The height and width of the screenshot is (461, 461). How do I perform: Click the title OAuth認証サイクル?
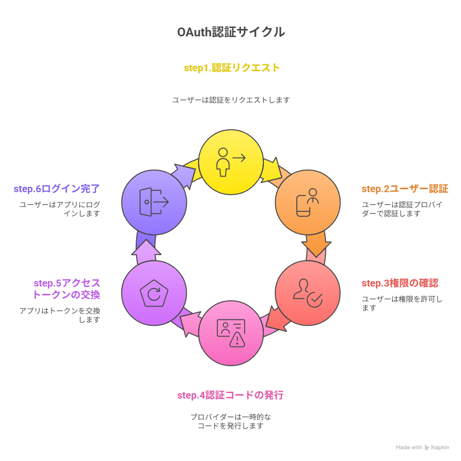231,32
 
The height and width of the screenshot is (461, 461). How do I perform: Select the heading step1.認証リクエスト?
231,68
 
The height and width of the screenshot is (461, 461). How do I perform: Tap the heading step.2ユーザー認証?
405,189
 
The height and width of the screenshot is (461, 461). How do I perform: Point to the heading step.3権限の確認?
400,283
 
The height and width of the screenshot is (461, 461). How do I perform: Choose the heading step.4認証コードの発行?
230,395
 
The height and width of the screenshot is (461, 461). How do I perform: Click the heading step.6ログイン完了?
57,189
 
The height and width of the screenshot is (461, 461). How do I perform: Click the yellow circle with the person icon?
231,162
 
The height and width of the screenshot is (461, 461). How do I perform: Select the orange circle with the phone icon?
308,202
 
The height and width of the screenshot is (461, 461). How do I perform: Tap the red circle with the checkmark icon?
308,293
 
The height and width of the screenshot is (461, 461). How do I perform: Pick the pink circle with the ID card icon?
231,333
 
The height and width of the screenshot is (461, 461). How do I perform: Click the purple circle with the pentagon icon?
154,293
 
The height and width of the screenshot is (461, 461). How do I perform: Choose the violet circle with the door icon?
154,202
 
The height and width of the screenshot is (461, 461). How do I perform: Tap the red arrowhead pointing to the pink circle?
276,320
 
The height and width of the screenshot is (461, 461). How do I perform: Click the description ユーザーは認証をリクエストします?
231,100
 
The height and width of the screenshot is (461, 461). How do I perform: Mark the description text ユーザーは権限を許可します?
402,303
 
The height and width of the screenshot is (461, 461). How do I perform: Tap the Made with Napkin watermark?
422,447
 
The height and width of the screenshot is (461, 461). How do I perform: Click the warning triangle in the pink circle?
237,340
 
